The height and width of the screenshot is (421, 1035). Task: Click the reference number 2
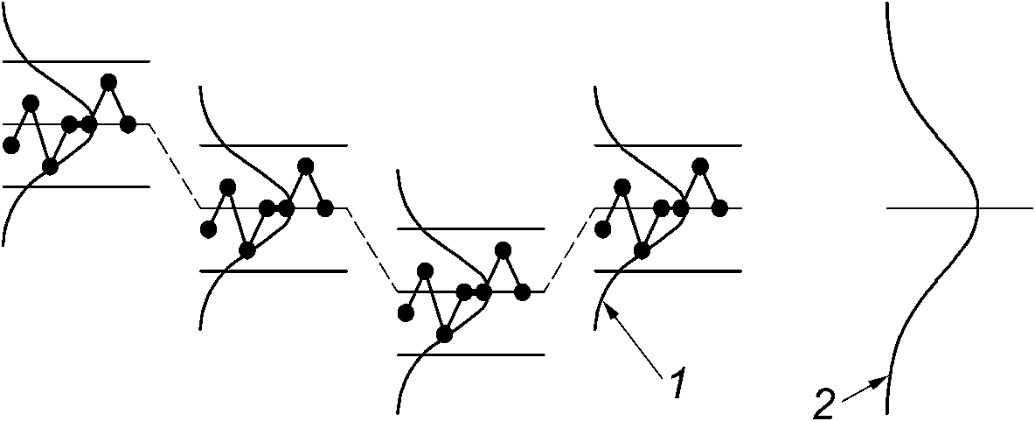[824, 405]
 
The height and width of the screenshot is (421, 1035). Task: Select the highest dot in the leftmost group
[108, 82]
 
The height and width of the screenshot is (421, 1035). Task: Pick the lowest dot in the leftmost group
[50, 166]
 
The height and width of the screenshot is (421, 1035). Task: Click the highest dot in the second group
[305, 165]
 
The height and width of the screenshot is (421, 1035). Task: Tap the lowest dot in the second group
[247, 250]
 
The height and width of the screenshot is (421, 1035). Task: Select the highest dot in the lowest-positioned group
[502, 249]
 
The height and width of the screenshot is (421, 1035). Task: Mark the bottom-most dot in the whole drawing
[444, 333]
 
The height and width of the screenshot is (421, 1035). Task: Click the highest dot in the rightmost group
[699, 165]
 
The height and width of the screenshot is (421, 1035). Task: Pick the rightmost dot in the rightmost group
[720, 208]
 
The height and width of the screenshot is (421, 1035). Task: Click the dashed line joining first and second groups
[175, 166]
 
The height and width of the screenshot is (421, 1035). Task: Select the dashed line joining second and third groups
[372, 249]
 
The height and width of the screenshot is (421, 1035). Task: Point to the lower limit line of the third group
[471, 354]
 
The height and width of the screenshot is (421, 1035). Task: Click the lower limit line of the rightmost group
[699, 271]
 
